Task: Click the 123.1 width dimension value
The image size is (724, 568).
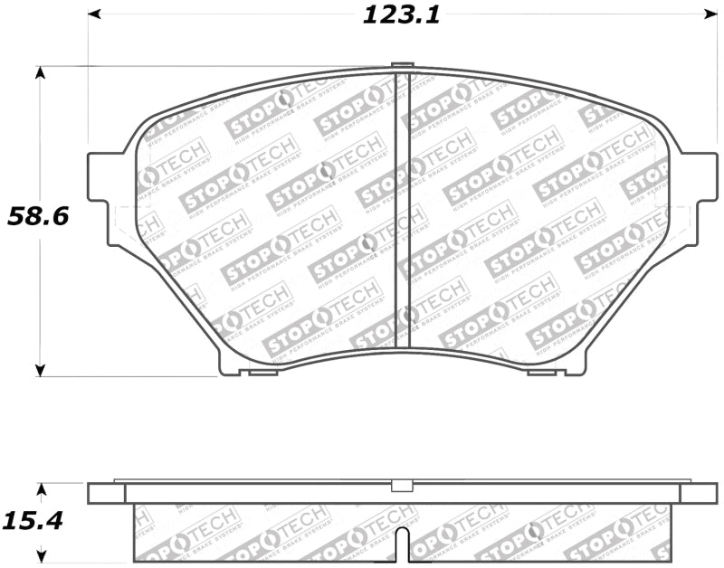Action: pyautogui.click(x=400, y=15)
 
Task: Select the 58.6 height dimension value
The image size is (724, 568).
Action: pyautogui.click(x=39, y=216)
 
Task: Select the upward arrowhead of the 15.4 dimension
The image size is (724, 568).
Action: pyautogui.click(x=41, y=490)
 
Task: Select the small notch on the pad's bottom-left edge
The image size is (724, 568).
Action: pyautogui.click(x=262, y=371)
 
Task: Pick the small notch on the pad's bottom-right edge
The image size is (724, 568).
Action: pyautogui.click(x=541, y=371)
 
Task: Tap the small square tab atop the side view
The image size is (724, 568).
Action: pyautogui.click(x=398, y=486)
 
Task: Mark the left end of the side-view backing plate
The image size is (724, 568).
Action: pyautogui.click(x=106, y=494)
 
